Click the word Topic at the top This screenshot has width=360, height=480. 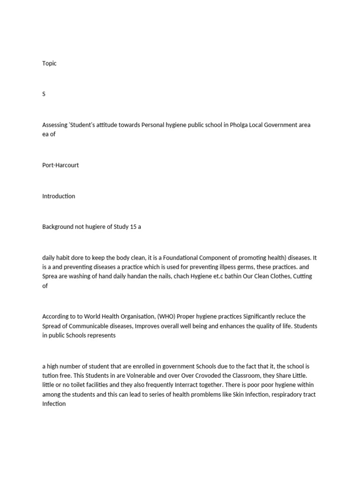click(x=49, y=63)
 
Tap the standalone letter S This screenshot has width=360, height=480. click(x=44, y=94)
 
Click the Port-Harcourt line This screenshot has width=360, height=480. click(x=60, y=165)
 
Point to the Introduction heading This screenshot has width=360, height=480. click(x=59, y=196)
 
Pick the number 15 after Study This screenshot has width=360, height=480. click(x=133, y=226)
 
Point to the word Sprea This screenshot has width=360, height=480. click(x=50, y=277)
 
